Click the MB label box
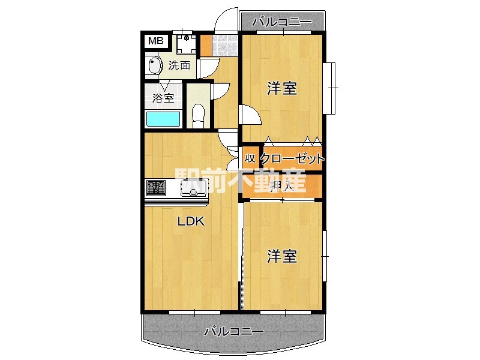point(155,41)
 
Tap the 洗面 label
point(179,65)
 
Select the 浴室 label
point(163,98)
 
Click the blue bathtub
point(164,118)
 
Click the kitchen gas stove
point(155,188)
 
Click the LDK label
point(191,221)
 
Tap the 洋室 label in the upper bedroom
point(282,89)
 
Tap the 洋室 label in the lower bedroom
point(282,257)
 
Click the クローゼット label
point(293,159)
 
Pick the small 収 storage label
point(250,159)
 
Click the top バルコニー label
point(282,22)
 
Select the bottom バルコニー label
point(234,331)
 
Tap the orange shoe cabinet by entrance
point(205,45)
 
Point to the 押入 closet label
point(281,186)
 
